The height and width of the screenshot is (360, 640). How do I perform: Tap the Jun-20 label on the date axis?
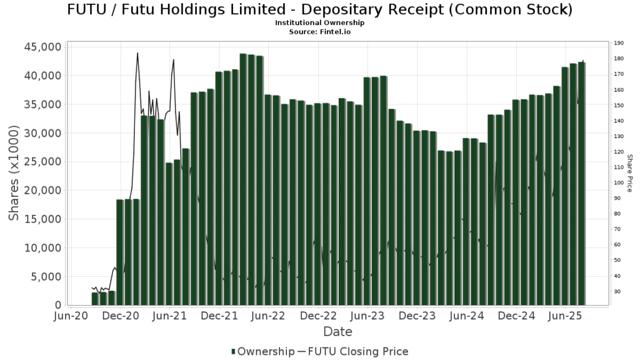click(x=71, y=317)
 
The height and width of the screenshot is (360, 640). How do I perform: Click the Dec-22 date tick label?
click(x=319, y=317)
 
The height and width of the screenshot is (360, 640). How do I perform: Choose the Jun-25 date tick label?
click(x=566, y=317)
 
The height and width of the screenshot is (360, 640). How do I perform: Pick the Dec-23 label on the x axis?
click(x=418, y=317)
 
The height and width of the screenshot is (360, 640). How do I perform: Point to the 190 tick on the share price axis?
click(x=619, y=43)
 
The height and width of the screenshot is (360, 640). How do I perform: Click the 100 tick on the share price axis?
click(x=619, y=183)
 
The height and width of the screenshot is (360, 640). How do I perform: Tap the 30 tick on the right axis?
click(x=617, y=292)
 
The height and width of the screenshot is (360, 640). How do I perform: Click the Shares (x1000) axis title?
click(x=14, y=172)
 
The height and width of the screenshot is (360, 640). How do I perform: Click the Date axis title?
click(x=337, y=332)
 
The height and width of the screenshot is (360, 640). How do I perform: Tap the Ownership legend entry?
click(x=262, y=351)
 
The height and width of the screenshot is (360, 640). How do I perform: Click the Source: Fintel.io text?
click(x=319, y=31)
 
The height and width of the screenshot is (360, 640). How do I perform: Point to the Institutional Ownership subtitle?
click(x=319, y=23)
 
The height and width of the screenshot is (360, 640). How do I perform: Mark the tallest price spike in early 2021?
click(x=137, y=53)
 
